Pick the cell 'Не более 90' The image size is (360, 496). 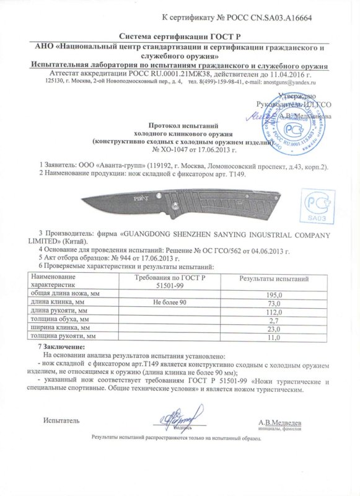coord(169,303)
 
